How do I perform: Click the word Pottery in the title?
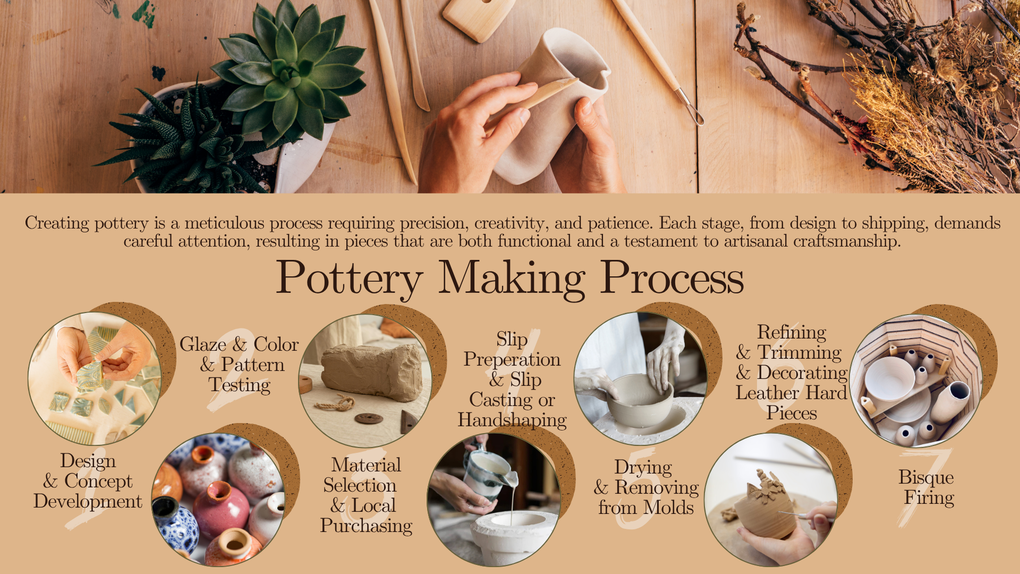(350, 278)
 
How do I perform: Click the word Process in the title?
(672, 277)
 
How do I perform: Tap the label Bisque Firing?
(927, 487)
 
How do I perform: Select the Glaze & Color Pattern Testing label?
(239, 365)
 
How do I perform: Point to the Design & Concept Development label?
(88, 481)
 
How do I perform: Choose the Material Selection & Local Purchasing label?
(366, 495)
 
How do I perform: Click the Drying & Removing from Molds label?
(646, 487)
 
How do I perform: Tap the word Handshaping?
(512, 420)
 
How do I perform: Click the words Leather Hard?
(791, 393)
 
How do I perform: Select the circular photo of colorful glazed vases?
(218, 500)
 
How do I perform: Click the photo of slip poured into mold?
(494, 500)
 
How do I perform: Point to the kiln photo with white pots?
(916, 381)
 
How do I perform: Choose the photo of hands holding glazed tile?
(95, 378)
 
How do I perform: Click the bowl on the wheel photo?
(641, 378)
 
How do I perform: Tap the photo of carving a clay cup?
(771, 500)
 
